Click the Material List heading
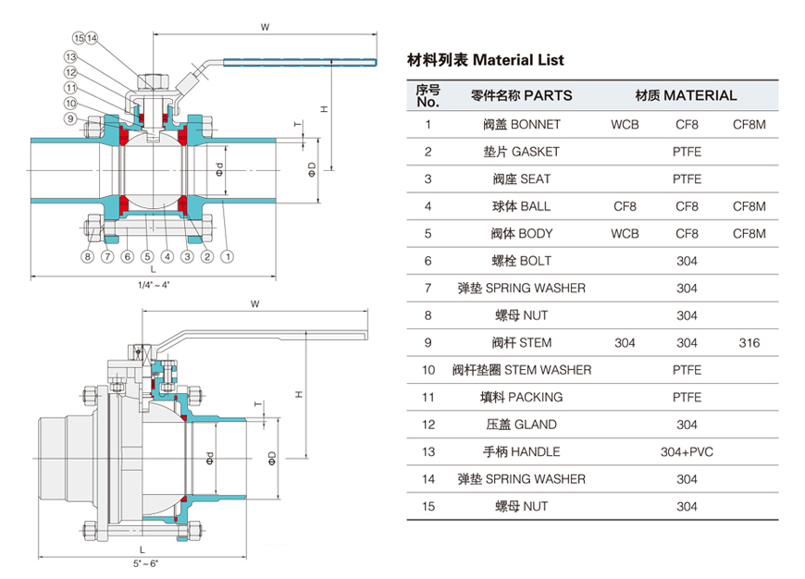[486, 60]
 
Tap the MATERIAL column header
[686, 95]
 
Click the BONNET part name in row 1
[521, 124]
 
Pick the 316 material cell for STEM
[749, 343]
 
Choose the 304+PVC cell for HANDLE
[687, 452]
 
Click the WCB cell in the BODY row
[625, 234]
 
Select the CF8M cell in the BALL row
[749, 206]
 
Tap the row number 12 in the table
[427, 425]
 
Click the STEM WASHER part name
[521, 370]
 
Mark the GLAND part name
[521, 425]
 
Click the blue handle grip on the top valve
[301, 63]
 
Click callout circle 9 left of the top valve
[69, 118]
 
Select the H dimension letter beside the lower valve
[299, 395]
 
